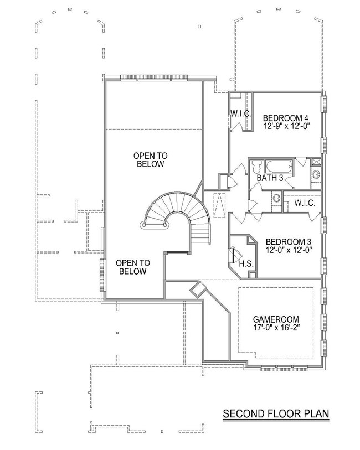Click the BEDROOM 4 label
tap(285, 117)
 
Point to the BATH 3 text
tap(270, 178)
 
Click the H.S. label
tap(246, 263)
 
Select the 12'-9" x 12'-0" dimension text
tap(285, 126)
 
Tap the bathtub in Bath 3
tap(276, 166)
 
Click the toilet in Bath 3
tap(256, 167)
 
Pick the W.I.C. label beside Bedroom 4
tap(240, 113)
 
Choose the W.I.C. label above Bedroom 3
tap(305, 203)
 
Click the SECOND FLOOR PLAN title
tap(276, 413)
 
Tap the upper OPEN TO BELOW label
tap(150, 160)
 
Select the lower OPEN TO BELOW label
tap(132, 267)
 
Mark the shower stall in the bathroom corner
tap(316, 162)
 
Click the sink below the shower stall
tap(316, 175)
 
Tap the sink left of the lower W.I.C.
tap(275, 198)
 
